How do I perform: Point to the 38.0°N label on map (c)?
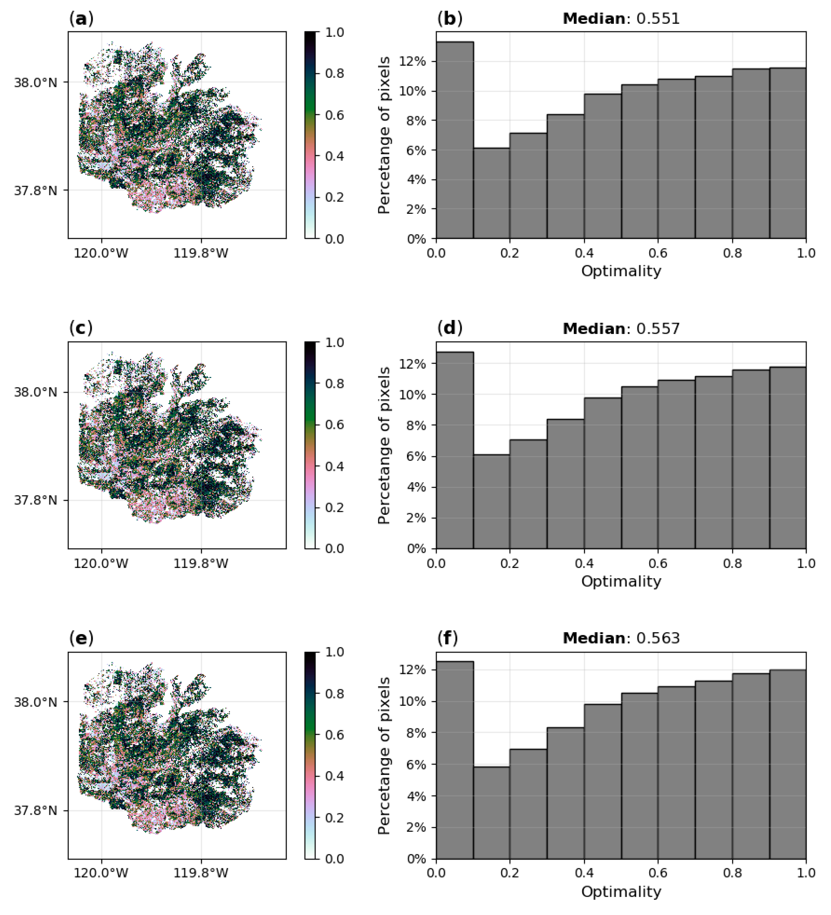click(35, 392)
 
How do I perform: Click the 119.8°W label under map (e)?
click(201, 873)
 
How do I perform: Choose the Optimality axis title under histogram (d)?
click(621, 581)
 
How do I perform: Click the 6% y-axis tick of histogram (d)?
click(416, 457)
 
